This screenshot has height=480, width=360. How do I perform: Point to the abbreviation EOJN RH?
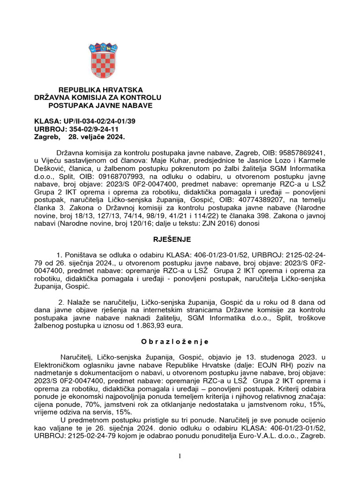(x=262, y=365)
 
